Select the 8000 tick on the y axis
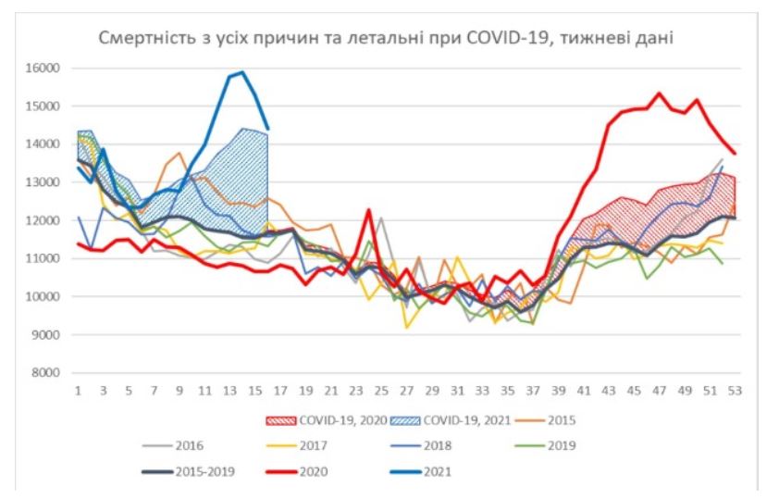[41, 373]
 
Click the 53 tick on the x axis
[734, 393]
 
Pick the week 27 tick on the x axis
[406, 393]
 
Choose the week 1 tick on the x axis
[79, 393]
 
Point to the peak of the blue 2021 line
[241, 72]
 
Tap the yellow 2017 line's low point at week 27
[406, 327]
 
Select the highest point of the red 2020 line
[659, 94]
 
